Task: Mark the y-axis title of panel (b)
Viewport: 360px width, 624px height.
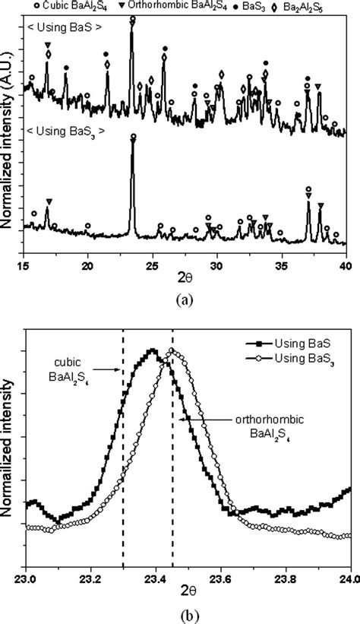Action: [x=8, y=448]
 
